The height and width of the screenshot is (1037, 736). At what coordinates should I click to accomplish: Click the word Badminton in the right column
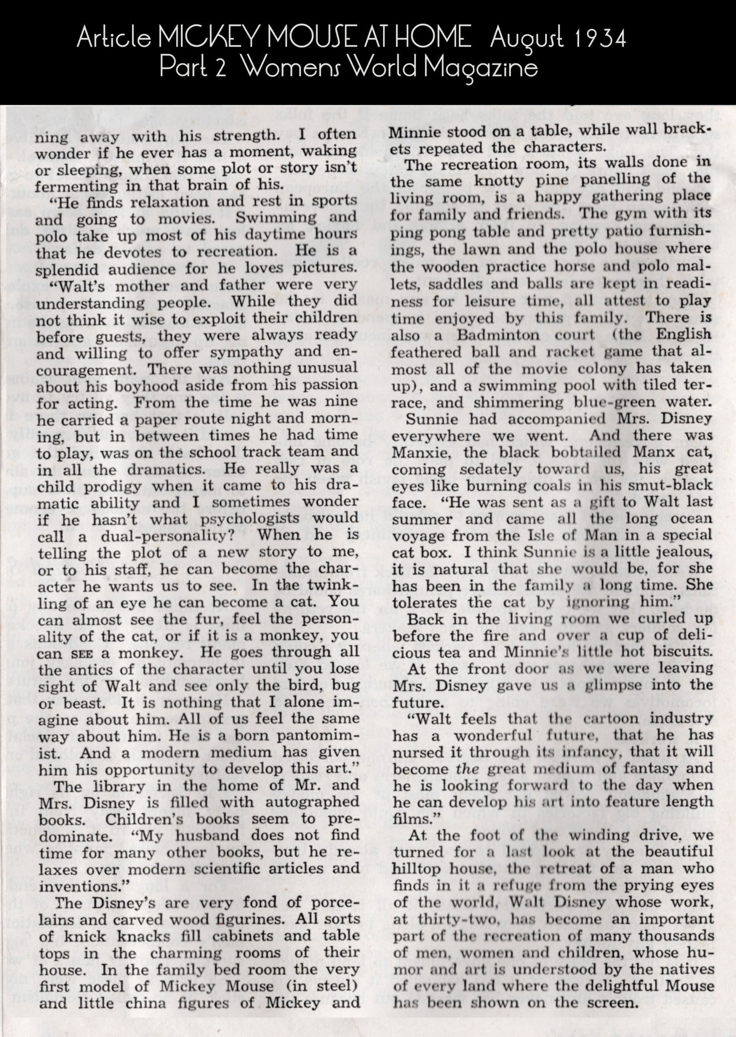(498, 335)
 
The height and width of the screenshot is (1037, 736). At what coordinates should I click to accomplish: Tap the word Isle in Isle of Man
(526, 536)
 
